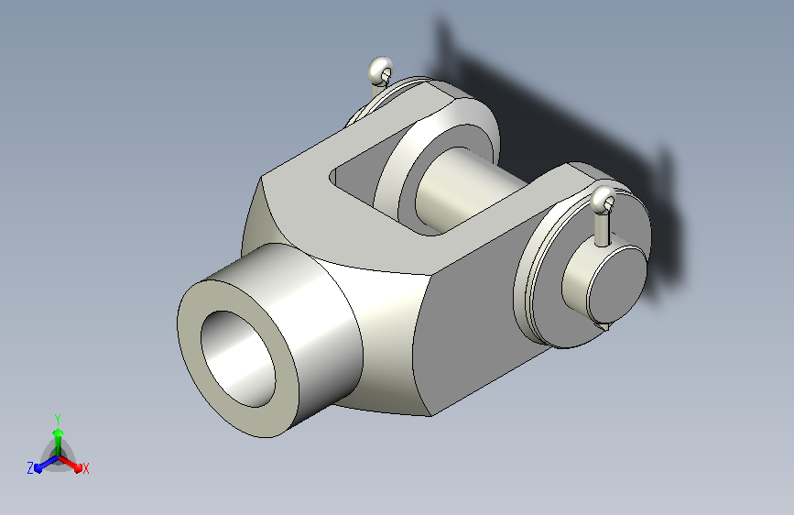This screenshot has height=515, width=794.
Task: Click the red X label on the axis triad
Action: point(85,468)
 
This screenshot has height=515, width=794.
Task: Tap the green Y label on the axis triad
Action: point(58,419)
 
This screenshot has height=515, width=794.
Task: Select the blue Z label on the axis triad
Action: point(30,468)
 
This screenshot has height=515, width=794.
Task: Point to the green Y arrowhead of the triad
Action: point(59,433)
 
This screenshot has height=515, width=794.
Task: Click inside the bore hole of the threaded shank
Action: point(238,358)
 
